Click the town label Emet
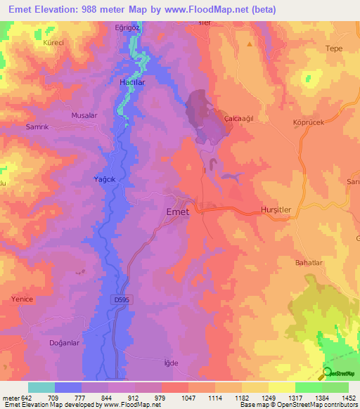(x=176, y=212)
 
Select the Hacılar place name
(x=131, y=82)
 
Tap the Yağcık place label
(x=105, y=179)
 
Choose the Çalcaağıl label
(x=238, y=119)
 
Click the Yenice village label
(x=23, y=299)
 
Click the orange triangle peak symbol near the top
(x=250, y=44)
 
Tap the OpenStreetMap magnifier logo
(x=327, y=373)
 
